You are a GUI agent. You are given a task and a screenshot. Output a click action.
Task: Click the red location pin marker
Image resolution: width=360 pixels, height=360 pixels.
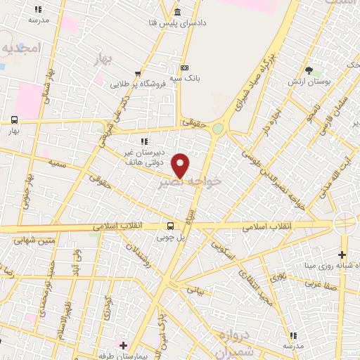[x=181, y=165]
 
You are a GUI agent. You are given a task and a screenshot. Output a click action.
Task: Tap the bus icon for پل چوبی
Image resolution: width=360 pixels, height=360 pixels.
[x=170, y=226]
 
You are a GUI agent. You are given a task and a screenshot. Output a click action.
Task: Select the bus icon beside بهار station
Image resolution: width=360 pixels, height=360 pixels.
[x=15, y=120]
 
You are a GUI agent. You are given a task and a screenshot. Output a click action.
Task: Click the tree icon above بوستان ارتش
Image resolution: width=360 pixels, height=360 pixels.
[x=309, y=70]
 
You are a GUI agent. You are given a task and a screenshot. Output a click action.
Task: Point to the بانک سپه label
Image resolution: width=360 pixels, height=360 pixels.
[x=188, y=78]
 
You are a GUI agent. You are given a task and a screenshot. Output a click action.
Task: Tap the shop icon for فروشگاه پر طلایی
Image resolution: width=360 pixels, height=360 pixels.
[x=139, y=74]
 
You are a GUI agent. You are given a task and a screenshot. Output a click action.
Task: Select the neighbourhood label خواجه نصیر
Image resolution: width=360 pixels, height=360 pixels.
[x=190, y=181]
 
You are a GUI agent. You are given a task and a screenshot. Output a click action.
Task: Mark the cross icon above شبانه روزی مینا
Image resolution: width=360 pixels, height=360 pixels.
[x=342, y=254]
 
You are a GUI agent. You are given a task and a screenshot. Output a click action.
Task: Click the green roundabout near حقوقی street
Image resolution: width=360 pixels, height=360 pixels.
[x=218, y=129]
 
